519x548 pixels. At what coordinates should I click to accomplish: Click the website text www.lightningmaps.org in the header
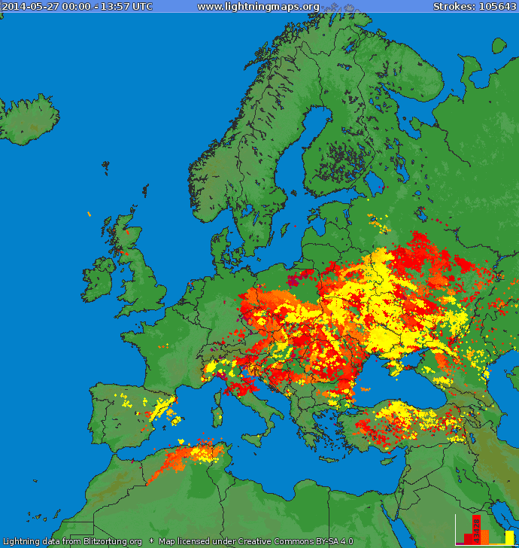coord(258,7)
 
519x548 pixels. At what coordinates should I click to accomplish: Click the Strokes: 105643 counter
coord(474,7)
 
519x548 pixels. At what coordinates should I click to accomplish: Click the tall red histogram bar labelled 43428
coord(475,529)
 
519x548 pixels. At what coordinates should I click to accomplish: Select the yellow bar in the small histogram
coord(509,537)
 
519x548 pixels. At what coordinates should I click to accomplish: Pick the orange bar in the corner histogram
coord(484,536)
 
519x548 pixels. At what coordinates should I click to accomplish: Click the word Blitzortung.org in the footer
coord(112,541)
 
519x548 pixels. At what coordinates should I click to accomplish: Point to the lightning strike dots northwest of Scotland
coord(89,214)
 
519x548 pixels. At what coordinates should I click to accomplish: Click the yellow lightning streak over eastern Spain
coord(160,410)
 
